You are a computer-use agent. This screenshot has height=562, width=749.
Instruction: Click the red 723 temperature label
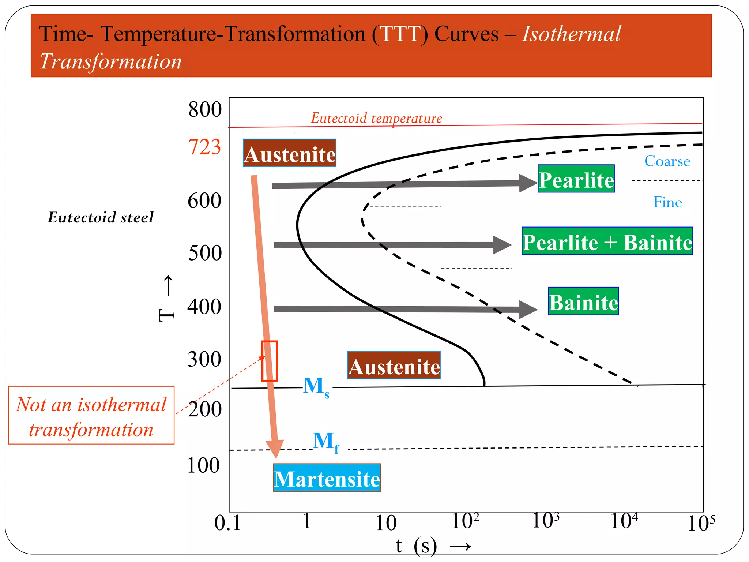(x=204, y=147)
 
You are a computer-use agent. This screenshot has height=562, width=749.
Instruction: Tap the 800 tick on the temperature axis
(x=205, y=109)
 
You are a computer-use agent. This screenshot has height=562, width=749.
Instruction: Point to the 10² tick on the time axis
(x=465, y=521)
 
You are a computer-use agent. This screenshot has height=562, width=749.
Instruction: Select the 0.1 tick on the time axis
(x=227, y=523)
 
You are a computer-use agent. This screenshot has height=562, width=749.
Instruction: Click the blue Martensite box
(x=327, y=478)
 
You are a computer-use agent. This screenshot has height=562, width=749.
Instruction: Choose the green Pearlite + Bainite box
(x=607, y=241)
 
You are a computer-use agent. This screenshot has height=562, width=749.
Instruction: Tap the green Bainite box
(x=583, y=301)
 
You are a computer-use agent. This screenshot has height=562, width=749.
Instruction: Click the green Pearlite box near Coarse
(x=576, y=179)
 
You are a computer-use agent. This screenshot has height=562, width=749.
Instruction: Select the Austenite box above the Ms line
(x=394, y=366)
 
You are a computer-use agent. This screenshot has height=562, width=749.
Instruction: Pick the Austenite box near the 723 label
(x=289, y=153)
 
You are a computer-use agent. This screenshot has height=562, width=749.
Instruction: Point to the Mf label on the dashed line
(x=326, y=442)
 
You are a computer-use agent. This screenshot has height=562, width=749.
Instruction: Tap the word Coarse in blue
(x=667, y=161)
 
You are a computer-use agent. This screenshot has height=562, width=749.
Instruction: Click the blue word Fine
(x=667, y=202)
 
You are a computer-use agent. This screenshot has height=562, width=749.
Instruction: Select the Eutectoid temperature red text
(x=376, y=118)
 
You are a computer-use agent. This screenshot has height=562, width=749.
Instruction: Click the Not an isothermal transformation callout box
(x=91, y=415)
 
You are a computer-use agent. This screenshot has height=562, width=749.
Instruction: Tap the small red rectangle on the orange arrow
(x=270, y=361)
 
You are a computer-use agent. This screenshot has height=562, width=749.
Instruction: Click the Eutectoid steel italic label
(x=101, y=217)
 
